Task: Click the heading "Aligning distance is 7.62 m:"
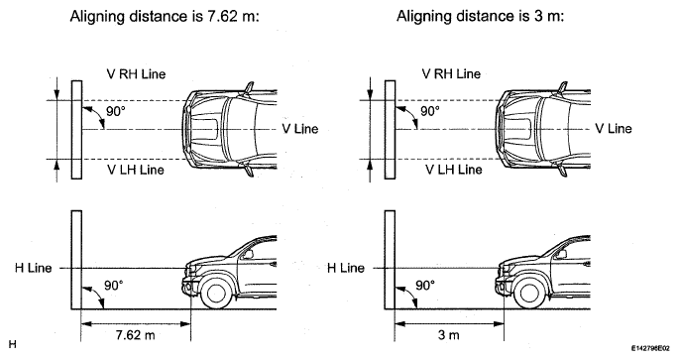coord(165,17)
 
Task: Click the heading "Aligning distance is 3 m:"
coord(480,17)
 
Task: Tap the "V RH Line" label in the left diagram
coord(136,74)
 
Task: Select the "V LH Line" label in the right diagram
coord(453,169)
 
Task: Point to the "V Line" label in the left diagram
coord(300,129)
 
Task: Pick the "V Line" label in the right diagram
coord(614,129)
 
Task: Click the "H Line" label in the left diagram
coord(33,268)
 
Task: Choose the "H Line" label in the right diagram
coord(346,268)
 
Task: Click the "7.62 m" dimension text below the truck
coord(135,335)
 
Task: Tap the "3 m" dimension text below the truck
coord(448,335)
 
